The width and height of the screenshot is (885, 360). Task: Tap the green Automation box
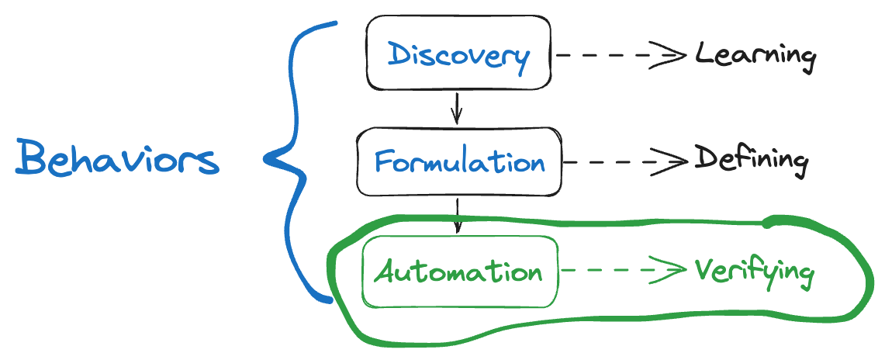coord(460,271)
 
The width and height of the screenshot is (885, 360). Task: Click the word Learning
coord(755,56)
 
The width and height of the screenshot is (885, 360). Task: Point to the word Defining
coord(751,160)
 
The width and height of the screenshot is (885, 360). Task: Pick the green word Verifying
coord(753,272)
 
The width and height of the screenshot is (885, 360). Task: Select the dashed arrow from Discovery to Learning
coord(617,56)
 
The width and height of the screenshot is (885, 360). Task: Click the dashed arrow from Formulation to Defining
coord(624,162)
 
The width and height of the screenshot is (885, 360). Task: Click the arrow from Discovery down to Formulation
coord(457,107)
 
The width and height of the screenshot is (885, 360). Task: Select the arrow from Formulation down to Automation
coord(458,215)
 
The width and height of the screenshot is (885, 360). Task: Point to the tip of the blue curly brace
coord(266,161)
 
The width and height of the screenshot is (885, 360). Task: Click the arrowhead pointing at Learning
coord(676,56)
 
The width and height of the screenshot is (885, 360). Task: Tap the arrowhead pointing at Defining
coord(678,162)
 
